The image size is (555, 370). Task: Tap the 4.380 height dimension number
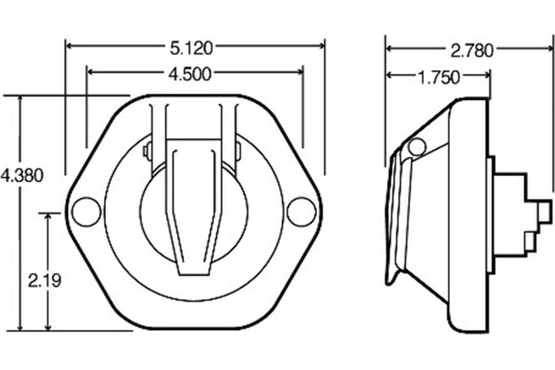click(22, 176)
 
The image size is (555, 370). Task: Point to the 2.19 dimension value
click(44, 281)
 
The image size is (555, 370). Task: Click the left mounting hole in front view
click(86, 212)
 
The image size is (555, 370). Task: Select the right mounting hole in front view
click(301, 212)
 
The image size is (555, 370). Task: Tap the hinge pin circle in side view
click(417, 147)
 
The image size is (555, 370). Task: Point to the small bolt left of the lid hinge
click(147, 150)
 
